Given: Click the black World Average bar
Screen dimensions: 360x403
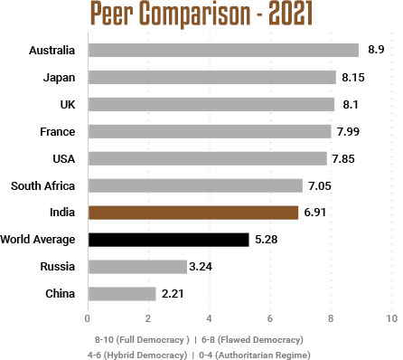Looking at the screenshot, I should point(168,240).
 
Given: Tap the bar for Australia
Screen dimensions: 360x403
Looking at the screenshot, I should point(223,50).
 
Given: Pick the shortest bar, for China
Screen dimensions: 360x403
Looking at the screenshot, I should point(121,294).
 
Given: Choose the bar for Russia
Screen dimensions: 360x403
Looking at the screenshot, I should point(136,267).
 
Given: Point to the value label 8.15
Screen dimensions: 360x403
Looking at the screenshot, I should point(354,78).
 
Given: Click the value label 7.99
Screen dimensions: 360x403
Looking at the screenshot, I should point(350,132).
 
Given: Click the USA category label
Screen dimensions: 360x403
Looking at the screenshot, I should point(62,159).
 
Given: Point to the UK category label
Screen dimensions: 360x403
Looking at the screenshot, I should point(67,105).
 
